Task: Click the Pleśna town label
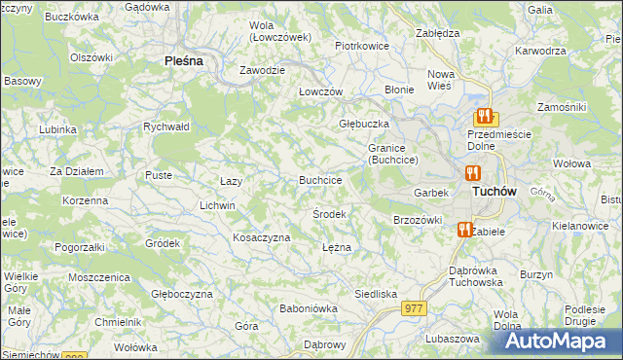tap(183, 60)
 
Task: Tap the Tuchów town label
tap(494, 192)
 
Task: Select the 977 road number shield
tap(414, 307)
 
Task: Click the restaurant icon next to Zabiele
tap(464, 231)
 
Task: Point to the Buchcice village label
tap(320, 180)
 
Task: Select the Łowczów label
tap(321, 90)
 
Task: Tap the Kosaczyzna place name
tap(262, 237)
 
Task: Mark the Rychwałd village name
tap(165, 126)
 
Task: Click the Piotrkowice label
tap(362, 46)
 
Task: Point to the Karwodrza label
tap(541, 50)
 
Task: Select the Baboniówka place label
tap(308, 308)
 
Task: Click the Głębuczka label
tap(364, 124)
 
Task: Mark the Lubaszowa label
tap(453, 339)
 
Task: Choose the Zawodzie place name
tap(263, 71)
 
